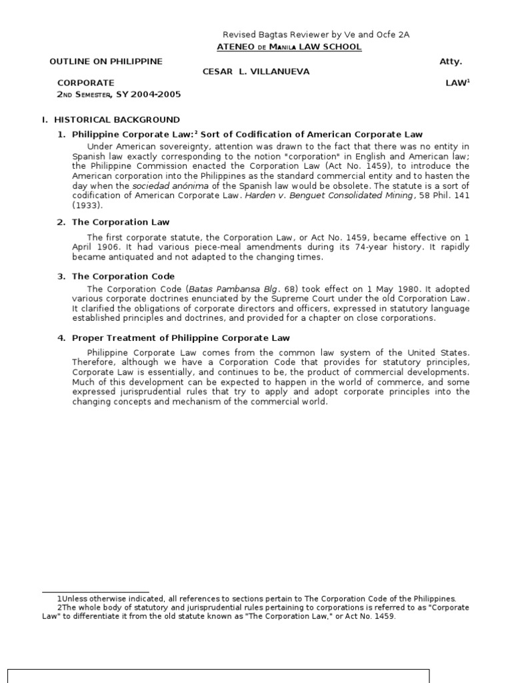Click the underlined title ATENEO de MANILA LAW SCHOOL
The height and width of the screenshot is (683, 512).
289,47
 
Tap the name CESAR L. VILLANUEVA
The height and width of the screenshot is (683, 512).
256,71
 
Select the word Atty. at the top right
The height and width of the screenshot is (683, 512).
451,61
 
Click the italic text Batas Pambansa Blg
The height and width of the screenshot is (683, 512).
224,289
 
